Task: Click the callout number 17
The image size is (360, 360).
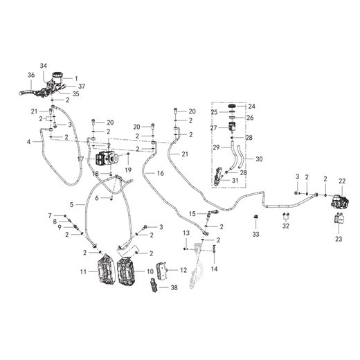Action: pyautogui.click(x=80, y=159)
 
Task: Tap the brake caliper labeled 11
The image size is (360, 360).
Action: pyautogui.click(x=106, y=269)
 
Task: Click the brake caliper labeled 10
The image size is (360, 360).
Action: pyautogui.click(x=126, y=270)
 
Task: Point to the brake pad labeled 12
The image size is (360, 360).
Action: pyautogui.click(x=162, y=270)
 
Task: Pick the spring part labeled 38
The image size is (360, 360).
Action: pyautogui.click(x=154, y=285)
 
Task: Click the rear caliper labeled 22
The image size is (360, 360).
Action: pyautogui.click(x=340, y=201)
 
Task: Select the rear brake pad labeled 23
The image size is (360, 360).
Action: pyautogui.click(x=339, y=218)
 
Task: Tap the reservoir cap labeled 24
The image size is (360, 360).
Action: pyautogui.click(x=233, y=106)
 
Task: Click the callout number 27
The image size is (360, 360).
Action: pyautogui.click(x=213, y=128)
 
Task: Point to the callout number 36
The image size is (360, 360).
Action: pyautogui.click(x=31, y=75)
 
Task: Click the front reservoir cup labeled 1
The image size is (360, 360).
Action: pyautogui.click(x=57, y=78)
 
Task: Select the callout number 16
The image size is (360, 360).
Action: pyautogui.click(x=161, y=173)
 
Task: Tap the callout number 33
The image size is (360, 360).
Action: pyautogui.click(x=255, y=234)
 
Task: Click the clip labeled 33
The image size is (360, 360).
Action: pyautogui.click(x=255, y=217)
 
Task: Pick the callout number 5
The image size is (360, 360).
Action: pyautogui.click(x=71, y=204)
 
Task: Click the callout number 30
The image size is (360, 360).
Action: pyautogui.click(x=259, y=159)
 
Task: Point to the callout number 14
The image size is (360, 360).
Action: pyautogui.click(x=214, y=269)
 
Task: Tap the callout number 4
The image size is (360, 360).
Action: pyautogui.click(x=28, y=141)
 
